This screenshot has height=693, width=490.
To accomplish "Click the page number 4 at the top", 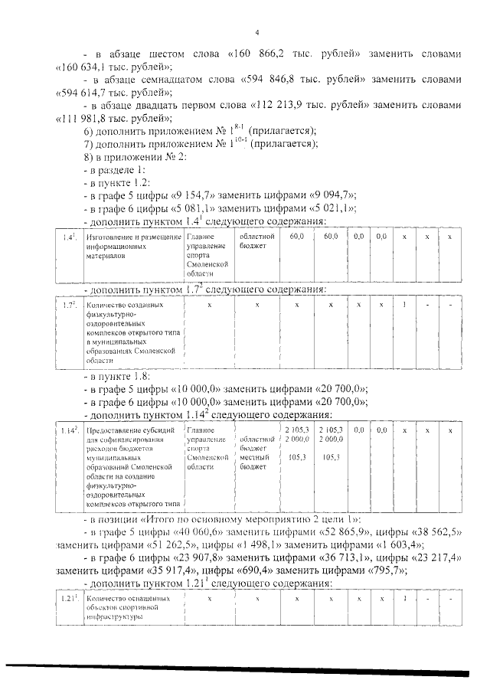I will point(257,32).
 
